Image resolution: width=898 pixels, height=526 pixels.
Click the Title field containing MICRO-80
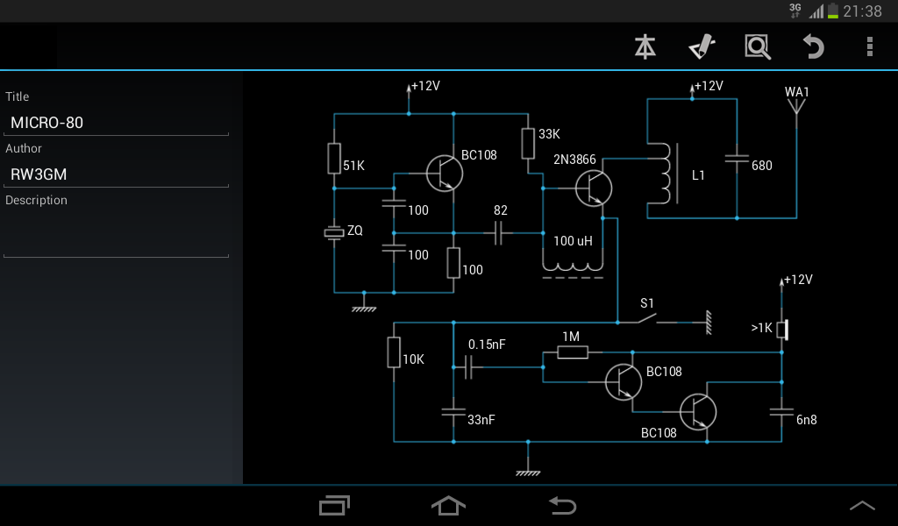click(x=116, y=123)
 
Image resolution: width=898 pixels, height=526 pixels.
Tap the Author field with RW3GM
click(x=116, y=174)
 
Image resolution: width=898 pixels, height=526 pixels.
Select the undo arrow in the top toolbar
click(x=814, y=46)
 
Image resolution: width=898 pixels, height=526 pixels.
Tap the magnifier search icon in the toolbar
click(x=757, y=46)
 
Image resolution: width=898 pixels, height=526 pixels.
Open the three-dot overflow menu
click(x=869, y=46)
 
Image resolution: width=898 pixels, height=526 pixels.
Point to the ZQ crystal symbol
click(x=334, y=232)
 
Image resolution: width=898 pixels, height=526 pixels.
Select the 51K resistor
click(x=334, y=159)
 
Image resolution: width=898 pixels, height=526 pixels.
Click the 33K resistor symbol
click(x=528, y=143)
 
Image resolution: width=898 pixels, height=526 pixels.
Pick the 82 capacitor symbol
click(x=500, y=233)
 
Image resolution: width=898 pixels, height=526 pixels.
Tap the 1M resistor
click(x=572, y=352)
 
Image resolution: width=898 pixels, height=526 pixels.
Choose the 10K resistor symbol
click(x=394, y=352)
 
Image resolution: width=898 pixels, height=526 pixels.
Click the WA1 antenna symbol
click(x=796, y=107)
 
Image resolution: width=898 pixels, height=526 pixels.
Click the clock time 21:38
click(x=862, y=11)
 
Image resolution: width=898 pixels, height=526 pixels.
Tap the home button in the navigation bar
click(x=448, y=505)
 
